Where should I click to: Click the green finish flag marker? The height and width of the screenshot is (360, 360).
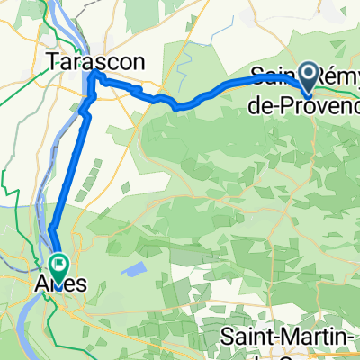click(60, 265)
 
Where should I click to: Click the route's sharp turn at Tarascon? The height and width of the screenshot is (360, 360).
click(93, 79)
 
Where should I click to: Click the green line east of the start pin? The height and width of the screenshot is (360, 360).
click(346, 88)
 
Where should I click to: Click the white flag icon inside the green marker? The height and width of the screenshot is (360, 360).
click(60, 265)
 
